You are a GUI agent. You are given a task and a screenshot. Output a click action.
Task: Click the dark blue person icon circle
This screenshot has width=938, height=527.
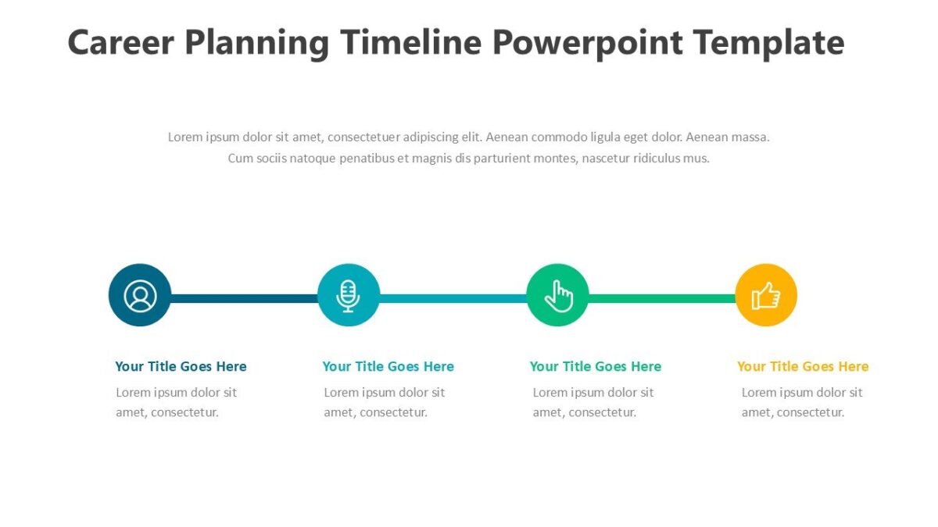tap(140, 296)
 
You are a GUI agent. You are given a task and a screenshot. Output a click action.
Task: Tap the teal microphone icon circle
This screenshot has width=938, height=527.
tap(349, 296)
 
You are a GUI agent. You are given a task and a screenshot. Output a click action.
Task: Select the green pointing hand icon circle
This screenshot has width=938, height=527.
tap(557, 296)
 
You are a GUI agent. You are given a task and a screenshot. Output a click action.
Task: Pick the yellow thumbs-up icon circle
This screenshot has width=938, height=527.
tap(766, 296)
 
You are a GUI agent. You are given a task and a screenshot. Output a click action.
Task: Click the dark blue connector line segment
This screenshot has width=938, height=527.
tap(244, 298)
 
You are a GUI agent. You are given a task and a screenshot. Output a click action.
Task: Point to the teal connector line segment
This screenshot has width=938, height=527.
tap(453, 298)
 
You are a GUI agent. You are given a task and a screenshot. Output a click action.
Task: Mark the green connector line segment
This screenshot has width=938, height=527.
tap(661, 298)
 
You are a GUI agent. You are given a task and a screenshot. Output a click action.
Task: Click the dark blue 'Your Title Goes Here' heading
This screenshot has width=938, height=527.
tap(181, 366)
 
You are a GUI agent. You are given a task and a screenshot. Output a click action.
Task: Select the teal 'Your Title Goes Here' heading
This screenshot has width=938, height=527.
tap(388, 366)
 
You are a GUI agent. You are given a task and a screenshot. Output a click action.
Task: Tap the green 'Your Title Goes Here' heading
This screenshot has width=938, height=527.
tap(595, 366)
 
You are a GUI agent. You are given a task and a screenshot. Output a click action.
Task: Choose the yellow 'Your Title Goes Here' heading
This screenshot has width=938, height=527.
tap(803, 366)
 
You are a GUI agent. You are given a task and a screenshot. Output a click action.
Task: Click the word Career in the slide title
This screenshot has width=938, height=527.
tap(120, 42)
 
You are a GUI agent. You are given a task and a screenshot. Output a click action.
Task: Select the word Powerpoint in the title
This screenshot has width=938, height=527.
tap(587, 42)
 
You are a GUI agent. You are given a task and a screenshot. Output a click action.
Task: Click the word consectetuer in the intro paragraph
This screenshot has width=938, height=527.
tap(364, 137)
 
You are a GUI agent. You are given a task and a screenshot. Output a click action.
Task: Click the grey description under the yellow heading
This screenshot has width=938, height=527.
tap(802, 402)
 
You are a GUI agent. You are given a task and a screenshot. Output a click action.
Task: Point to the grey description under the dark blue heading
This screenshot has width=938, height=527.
tap(176, 402)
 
